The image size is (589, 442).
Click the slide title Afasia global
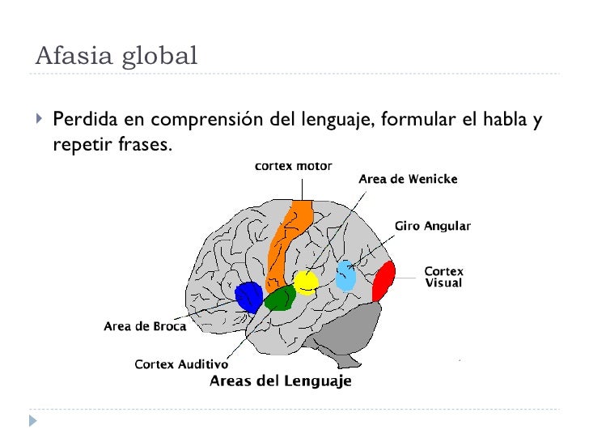tap(117, 56)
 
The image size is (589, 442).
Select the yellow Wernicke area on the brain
tap(306, 281)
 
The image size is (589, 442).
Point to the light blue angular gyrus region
tap(346, 276)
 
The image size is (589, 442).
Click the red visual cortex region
tap(383, 280)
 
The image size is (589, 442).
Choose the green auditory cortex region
tap(280, 298)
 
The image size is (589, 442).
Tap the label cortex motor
tap(293, 166)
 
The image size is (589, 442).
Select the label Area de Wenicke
tap(408, 180)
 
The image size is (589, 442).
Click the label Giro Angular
tap(432, 226)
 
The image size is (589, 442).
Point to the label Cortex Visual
tap(443, 277)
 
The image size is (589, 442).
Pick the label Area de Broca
tap(145, 327)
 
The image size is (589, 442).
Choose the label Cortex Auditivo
tap(181, 364)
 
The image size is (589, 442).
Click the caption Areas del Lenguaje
tap(281, 381)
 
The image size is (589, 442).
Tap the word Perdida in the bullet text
tap(81, 121)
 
